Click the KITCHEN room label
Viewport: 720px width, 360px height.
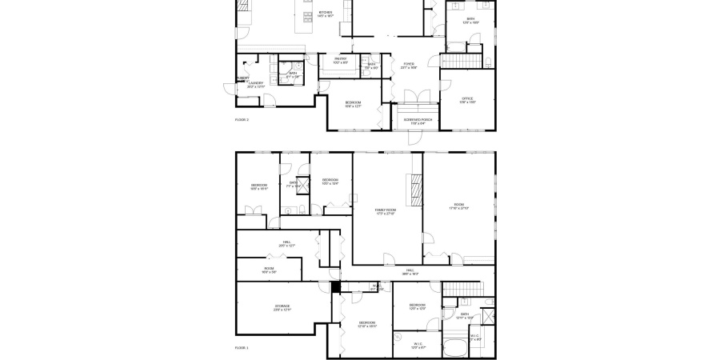tap(326, 13)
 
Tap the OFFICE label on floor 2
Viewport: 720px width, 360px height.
tap(467, 99)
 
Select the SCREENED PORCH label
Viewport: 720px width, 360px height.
tap(414, 120)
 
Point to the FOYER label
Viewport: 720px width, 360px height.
tap(409, 64)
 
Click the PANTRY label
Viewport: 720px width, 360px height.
tap(340, 58)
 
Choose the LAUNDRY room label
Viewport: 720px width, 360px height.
tap(256, 83)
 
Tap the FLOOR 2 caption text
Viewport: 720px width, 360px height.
tap(242, 119)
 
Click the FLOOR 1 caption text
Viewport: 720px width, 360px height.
tap(242, 348)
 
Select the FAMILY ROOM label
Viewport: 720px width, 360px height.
tap(386, 210)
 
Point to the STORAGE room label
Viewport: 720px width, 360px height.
tap(282, 306)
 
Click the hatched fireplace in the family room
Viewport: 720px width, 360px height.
tap(414, 190)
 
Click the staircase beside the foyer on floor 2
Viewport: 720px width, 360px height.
tap(459, 62)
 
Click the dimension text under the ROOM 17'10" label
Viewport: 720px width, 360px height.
tap(459, 208)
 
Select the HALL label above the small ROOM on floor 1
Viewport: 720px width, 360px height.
tap(286, 242)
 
